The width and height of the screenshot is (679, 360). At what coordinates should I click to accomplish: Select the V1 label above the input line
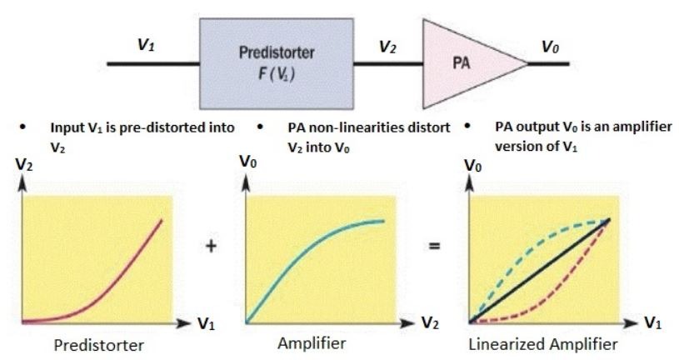147,46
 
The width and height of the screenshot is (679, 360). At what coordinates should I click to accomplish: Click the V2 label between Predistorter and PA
387,47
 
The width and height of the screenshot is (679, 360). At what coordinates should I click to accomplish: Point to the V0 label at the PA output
550,47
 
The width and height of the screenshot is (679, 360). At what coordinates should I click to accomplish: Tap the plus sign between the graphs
212,247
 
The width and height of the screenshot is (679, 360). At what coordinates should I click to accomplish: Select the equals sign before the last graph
437,247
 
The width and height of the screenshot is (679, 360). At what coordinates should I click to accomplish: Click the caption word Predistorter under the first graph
97,346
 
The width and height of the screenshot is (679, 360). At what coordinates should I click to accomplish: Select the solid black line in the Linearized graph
542,271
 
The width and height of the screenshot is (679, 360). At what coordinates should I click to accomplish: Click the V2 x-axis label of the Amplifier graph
427,322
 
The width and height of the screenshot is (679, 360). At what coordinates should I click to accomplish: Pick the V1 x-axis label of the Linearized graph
657,322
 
